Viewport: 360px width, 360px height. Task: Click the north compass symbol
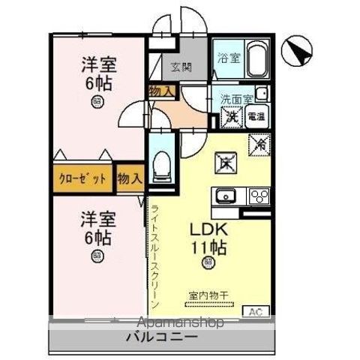(x=298, y=50)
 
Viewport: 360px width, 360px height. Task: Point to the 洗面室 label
(x=234, y=98)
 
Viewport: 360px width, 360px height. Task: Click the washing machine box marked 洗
(x=231, y=118)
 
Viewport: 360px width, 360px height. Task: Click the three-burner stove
(x=257, y=197)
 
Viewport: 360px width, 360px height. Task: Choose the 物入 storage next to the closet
(x=129, y=178)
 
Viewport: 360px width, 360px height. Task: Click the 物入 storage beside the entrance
(x=162, y=91)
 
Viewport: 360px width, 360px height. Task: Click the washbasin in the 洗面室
(x=260, y=94)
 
